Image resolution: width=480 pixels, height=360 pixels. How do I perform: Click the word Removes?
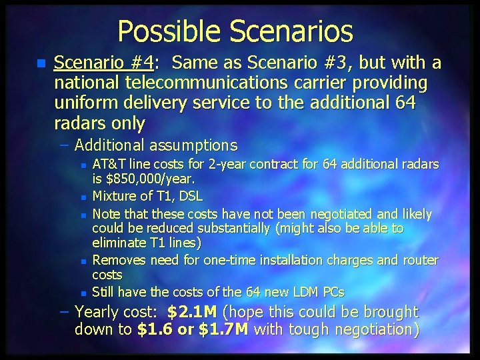(x=117, y=261)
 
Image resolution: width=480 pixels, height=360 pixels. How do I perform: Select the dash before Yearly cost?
(x=64, y=312)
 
